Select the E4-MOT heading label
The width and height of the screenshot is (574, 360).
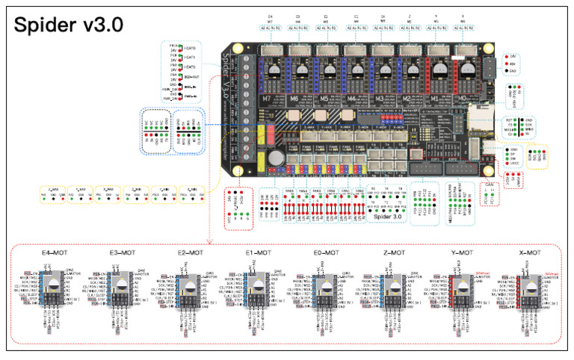tap(53, 253)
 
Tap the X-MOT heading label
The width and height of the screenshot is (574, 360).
tap(529, 253)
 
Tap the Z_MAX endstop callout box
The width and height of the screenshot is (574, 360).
tap(52, 195)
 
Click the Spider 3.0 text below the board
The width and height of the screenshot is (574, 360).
tap(386, 223)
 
